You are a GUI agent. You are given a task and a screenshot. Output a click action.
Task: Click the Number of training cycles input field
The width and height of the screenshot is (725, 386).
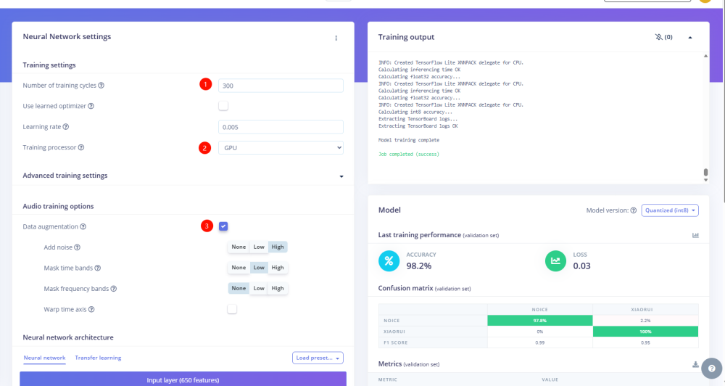281,86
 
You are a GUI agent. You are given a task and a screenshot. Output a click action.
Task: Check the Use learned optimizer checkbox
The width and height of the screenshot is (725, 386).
223,106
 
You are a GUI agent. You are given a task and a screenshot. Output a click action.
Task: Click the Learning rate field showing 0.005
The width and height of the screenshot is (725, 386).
281,127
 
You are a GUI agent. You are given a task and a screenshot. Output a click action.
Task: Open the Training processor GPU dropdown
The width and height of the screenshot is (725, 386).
281,148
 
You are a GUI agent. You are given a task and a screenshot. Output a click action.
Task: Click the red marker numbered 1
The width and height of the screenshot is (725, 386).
205,85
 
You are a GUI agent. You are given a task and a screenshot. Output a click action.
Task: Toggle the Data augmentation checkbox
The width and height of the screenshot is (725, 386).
223,226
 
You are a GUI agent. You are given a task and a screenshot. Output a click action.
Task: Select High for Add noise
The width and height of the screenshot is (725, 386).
278,247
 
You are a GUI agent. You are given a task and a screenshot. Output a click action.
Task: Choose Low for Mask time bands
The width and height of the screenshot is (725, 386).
259,268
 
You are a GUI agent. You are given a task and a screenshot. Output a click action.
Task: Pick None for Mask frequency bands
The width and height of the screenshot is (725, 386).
239,288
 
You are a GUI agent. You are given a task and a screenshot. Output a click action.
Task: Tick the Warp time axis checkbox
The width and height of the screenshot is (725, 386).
232,309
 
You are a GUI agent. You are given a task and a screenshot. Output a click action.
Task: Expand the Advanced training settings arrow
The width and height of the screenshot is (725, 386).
341,176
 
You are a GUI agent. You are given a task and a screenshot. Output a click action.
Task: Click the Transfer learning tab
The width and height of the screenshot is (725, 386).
98,358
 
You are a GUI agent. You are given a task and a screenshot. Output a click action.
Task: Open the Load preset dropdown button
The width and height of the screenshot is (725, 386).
318,358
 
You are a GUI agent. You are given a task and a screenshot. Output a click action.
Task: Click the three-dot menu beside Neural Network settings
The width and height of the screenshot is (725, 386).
336,38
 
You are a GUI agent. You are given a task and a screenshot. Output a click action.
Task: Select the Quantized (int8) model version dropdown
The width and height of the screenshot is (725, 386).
670,210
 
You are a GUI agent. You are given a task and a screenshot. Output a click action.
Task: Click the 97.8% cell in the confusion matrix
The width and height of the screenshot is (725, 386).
539,321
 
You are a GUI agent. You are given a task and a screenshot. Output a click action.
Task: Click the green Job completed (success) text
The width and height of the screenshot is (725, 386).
409,155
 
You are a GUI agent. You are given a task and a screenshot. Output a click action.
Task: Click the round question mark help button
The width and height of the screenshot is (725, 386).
713,368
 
